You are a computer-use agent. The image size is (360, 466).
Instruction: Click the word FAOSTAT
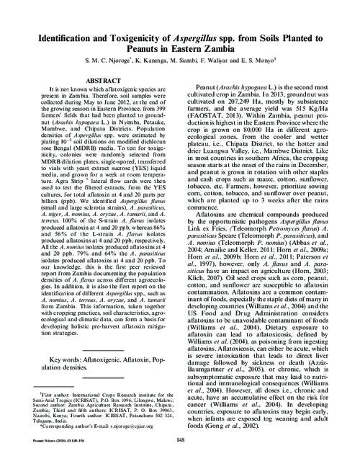pyautogui.click(x=212, y=119)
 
